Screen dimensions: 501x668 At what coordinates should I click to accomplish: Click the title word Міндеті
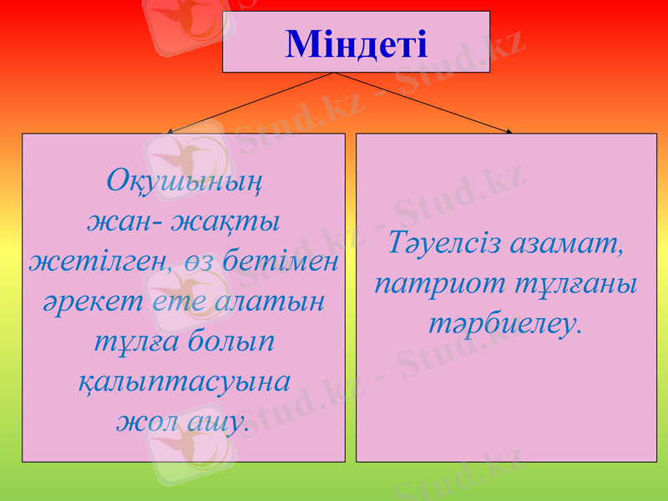point(356,43)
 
